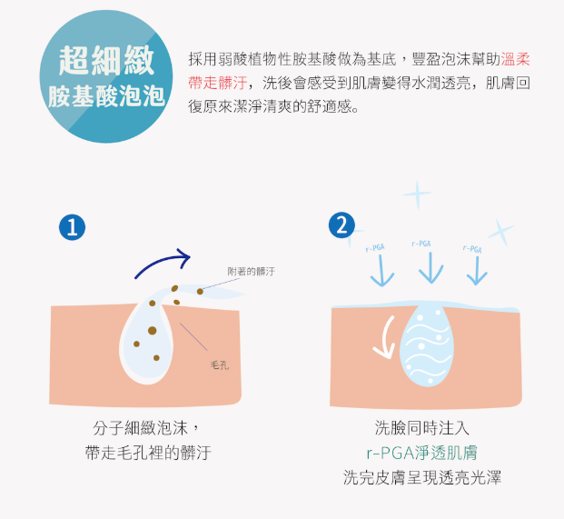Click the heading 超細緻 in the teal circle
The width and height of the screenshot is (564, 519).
point(106,61)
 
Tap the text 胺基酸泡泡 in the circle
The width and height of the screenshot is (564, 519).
point(106,96)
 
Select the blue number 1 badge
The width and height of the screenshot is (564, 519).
point(73,227)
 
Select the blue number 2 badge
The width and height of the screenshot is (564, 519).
point(341,225)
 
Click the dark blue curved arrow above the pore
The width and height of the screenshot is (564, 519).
point(160,260)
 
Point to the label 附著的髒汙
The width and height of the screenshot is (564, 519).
point(251,272)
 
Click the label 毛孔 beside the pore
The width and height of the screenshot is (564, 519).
point(220,365)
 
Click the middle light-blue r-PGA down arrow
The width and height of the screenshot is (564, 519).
point(430,267)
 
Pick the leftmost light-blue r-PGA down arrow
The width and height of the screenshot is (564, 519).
point(382,271)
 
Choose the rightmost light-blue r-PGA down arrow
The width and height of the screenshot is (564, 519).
point(477,271)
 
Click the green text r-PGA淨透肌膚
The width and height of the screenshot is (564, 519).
point(422,453)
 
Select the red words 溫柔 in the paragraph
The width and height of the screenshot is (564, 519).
point(516,59)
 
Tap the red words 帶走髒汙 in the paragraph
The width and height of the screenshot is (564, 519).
point(218,83)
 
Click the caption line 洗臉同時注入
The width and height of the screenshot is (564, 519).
point(422,428)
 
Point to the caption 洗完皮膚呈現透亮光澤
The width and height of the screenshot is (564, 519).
point(422,477)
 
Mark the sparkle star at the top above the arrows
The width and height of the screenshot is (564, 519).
point(417,195)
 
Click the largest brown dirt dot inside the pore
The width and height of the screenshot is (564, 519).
point(153,331)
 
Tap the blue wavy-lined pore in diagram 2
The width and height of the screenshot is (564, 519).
point(427,345)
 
